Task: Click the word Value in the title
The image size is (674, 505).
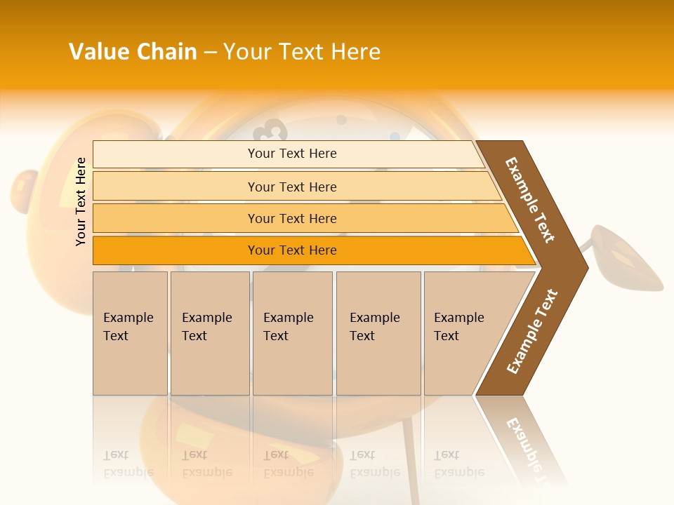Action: (98, 52)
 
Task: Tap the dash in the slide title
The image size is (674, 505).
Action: (210, 53)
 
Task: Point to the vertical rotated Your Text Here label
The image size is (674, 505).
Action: (81, 201)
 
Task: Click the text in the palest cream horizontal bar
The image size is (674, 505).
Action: (292, 154)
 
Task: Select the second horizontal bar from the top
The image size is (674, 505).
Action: (292, 187)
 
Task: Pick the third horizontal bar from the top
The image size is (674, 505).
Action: (292, 218)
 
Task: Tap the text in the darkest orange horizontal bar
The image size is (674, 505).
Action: (292, 250)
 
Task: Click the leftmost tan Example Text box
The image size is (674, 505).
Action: (130, 332)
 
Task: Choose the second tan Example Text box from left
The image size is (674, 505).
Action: (210, 332)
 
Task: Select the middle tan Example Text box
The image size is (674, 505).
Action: (292, 332)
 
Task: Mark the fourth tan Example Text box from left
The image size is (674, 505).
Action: (378, 332)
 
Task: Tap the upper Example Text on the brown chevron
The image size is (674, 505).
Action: (530, 200)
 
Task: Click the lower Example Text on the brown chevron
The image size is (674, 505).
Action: (532, 332)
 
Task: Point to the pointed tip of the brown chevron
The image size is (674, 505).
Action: (586, 267)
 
